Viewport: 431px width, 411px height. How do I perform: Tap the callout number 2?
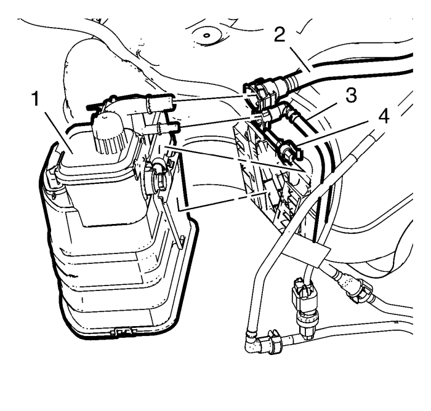(x=280, y=35)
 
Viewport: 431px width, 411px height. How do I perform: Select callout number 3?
(x=351, y=95)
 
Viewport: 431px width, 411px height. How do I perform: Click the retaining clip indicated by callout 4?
(x=291, y=151)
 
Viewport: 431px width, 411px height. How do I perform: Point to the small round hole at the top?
(x=207, y=36)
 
